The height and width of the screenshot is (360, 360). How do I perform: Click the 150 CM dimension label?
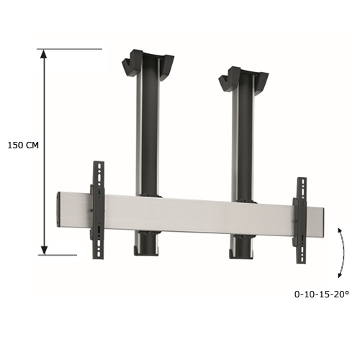pyautogui.click(x=22, y=145)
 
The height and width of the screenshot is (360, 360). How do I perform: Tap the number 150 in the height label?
pyautogui.click(x=14, y=145)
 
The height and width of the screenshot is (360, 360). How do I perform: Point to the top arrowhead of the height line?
pyautogui.click(x=45, y=54)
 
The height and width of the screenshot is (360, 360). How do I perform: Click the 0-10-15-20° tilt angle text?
pyautogui.click(x=321, y=294)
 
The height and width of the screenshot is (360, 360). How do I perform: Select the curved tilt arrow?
pyautogui.click(x=338, y=251)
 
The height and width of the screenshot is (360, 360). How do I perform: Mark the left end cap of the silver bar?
pyautogui.click(x=59, y=208)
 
